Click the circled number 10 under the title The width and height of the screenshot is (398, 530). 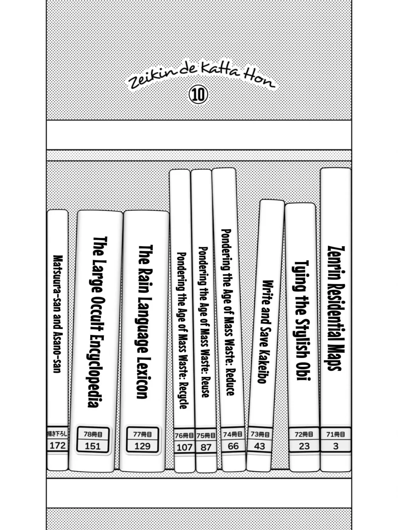click(x=198, y=94)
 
